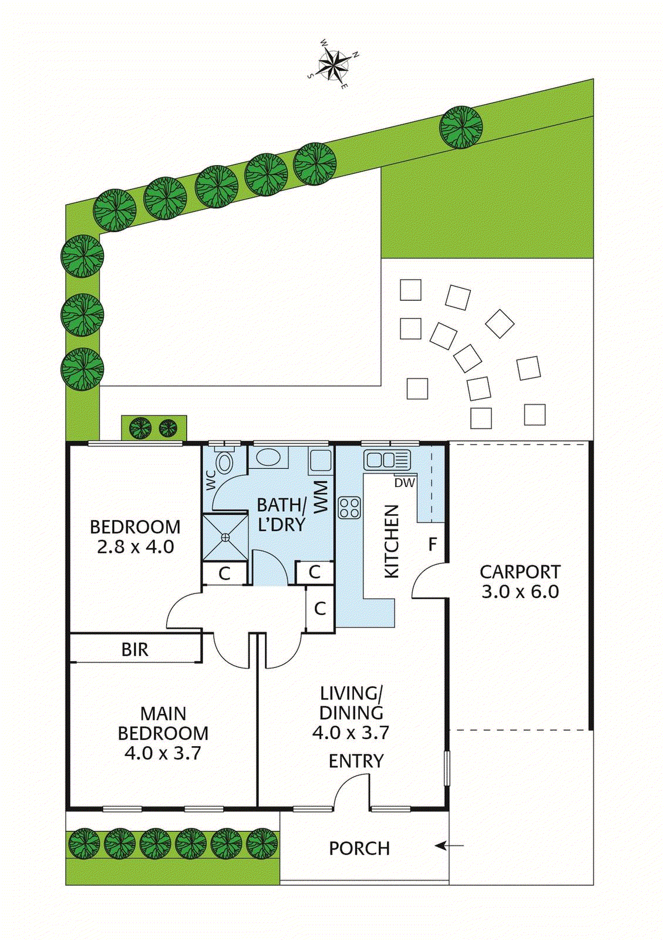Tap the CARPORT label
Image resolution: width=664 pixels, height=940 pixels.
(x=520, y=572)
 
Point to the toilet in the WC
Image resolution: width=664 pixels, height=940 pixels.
(x=224, y=462)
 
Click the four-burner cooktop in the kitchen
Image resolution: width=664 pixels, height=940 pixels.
(x=349, y=507)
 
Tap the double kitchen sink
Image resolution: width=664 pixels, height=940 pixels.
(x=386, y=459)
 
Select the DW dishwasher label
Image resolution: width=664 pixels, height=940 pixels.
(x=405, y=482)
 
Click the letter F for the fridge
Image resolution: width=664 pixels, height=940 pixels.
(x=433, y=544)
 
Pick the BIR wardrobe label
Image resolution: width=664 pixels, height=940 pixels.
(x=135, y=649)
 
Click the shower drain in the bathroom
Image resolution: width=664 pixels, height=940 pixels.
(x=225, y=537)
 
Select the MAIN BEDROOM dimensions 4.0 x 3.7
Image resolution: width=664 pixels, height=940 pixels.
(x=163, y=753)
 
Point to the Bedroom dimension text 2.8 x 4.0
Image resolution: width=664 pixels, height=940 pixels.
(x=135, y=547)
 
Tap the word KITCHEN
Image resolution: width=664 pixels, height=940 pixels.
(x=392, y=541)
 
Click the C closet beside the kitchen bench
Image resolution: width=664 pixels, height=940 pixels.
(x=320, y=609)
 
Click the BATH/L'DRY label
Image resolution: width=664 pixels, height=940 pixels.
(x=281, y=515)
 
